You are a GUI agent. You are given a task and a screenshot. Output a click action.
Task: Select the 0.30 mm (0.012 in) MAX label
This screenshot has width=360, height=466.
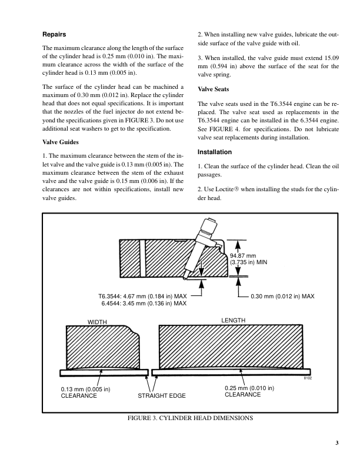click(282, 295)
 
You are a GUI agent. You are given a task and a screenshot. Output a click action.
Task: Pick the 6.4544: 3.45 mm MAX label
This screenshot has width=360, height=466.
click(144, 304)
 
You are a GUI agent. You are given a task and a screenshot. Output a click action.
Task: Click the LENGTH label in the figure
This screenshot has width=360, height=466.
click(233, 320)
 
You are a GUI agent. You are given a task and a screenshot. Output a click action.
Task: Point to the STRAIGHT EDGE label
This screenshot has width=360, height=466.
click(161, 396)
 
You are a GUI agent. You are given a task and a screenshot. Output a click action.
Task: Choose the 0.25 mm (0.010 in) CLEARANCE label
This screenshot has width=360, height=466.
click(249, 391)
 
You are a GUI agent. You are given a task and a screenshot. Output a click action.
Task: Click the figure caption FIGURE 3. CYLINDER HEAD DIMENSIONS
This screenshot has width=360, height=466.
click(191, 418)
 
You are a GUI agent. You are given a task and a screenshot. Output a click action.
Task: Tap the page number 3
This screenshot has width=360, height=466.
click(337, 443)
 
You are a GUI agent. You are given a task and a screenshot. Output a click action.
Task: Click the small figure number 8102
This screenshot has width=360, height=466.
click(307, 378)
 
